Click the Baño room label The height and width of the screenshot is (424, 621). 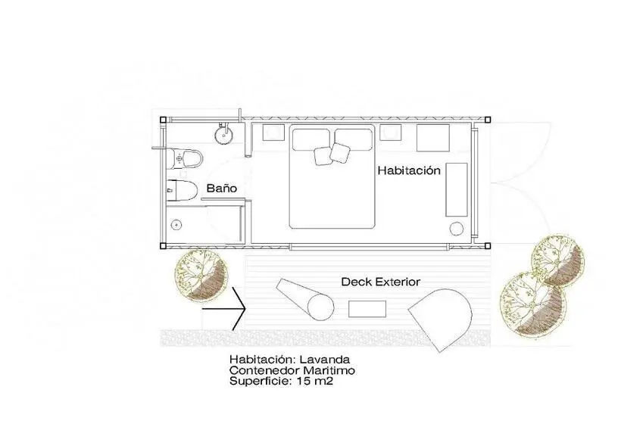[221, 189]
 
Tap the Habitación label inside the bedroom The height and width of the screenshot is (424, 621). [409, 170]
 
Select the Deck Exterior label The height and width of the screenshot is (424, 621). [381, 282]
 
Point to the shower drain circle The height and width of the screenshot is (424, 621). [176, 225]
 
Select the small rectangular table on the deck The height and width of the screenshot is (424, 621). [367, 309]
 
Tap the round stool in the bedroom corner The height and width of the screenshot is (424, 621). [457, 229]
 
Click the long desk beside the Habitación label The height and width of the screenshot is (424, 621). [457, 189]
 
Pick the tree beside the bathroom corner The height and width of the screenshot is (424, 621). [201, 275]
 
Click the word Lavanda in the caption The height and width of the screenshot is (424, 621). [325, 360]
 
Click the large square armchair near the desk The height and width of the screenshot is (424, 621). [433, 138]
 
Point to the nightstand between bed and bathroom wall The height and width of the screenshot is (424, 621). [273, 132]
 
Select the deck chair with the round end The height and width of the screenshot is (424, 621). [305, 299]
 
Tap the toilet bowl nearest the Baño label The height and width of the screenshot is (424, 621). [182, 191]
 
